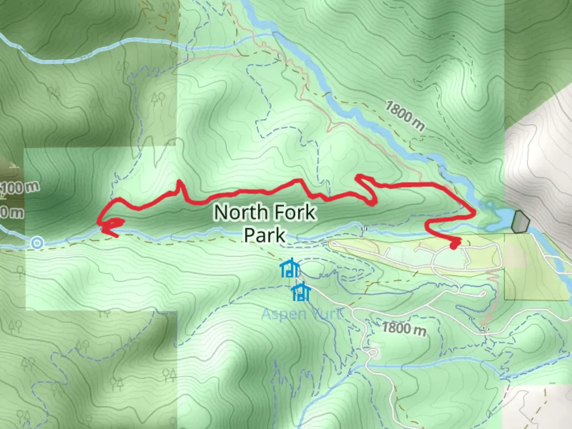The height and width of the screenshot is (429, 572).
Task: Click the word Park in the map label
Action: click(264, 235)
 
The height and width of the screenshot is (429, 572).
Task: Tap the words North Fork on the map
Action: click(265, 213)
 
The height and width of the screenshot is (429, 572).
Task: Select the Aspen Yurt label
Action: click(301, 314)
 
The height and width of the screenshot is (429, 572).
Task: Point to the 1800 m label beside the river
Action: click(404, 115)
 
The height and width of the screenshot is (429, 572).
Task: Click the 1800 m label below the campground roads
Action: click(404, 329)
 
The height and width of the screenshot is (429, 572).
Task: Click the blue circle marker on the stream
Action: click(37, 242)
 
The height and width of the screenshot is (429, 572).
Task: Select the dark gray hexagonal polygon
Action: click(520, 222)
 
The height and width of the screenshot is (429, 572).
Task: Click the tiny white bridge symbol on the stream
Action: click(364, 229)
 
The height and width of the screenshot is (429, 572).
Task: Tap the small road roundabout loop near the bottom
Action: click(373, 352)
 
